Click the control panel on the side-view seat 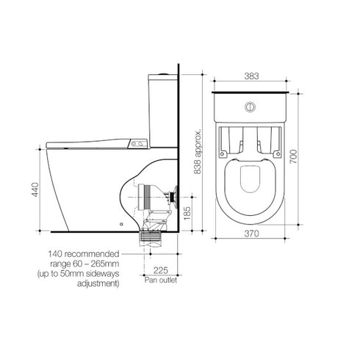point(137,144)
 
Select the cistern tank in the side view point(162,103)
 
